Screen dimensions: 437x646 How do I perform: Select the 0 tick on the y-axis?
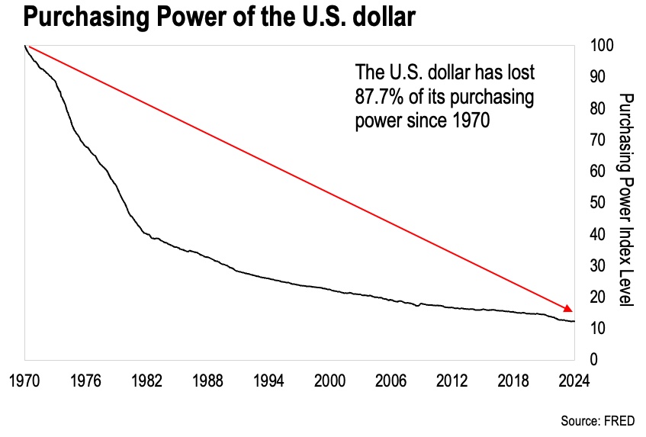pos(594,359)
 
